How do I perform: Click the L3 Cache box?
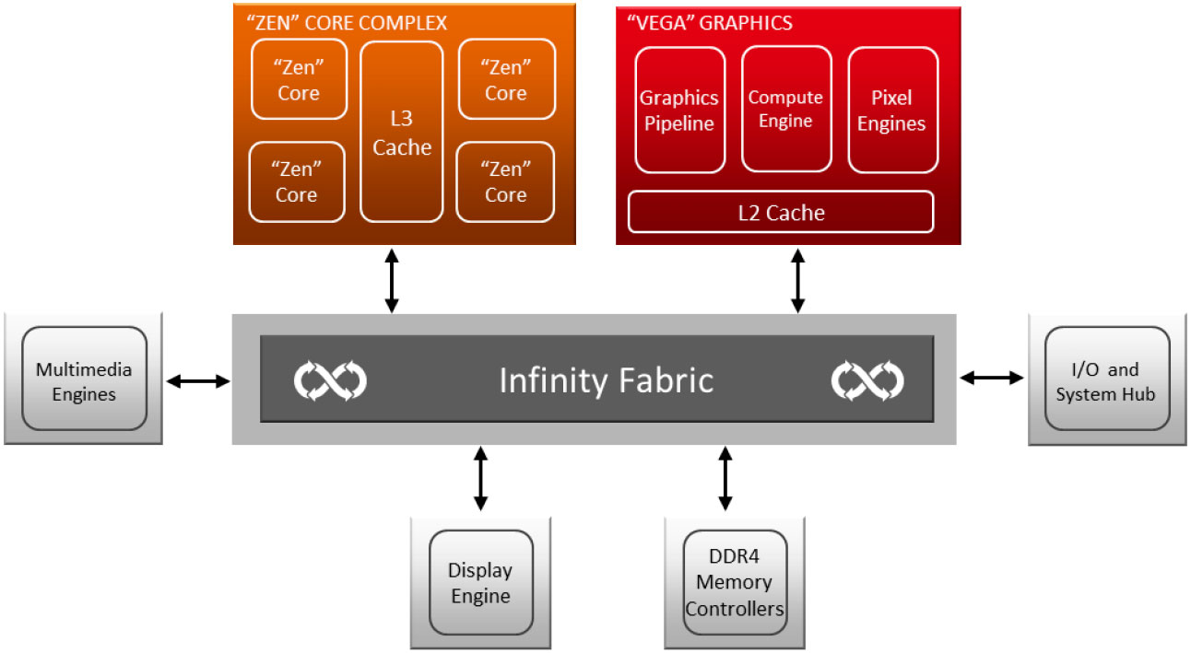pos(402,132)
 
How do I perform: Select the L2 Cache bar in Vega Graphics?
pos(781,213)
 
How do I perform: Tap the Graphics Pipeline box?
pos(679,110)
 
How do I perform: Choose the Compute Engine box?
pos(785,110)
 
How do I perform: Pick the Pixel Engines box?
pos(891,110)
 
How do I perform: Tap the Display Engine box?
pos(480,582)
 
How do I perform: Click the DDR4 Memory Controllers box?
pos(735,582)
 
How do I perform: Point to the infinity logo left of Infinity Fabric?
pos(330,380)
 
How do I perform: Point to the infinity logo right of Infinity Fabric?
pos(867,380)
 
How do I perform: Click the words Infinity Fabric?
pos(606,380)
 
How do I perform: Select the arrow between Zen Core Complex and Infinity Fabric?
pos(393,280)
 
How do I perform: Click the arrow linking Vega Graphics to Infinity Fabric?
pos(798,280)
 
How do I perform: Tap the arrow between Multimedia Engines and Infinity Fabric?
pos(197,379)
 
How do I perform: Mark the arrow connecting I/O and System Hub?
pos(992,377)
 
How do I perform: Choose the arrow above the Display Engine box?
pos(480,478)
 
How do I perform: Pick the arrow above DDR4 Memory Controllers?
pos(725,478)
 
